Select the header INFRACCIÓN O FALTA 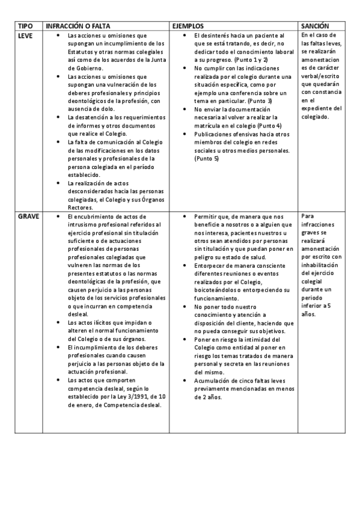77,27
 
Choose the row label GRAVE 28,216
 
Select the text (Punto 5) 207,158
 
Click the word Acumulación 213,381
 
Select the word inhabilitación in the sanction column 321,265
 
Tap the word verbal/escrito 322,76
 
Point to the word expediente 317,109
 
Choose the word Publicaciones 214,134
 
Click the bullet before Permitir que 183,216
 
